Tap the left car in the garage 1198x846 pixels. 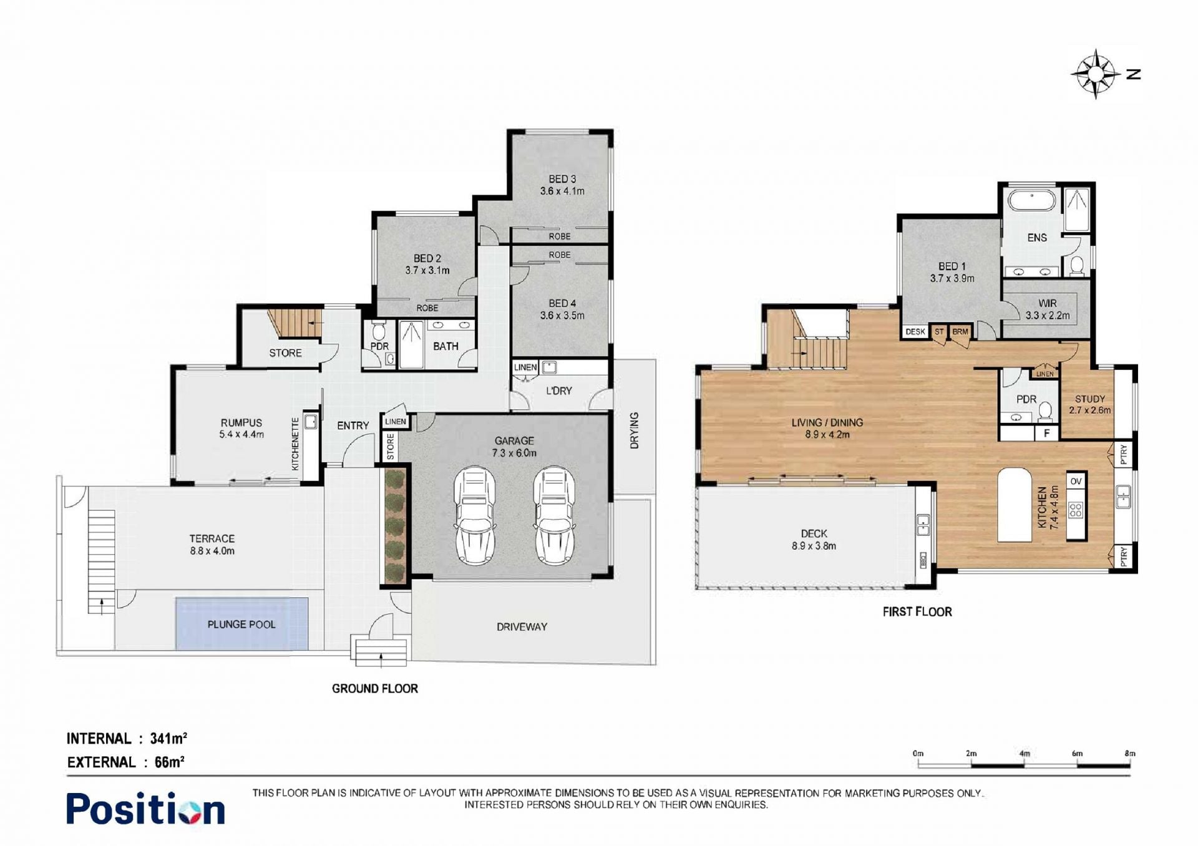tap(474, 515)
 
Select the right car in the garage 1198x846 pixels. tap(554, 515)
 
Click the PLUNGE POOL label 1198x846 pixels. tap(241, 625)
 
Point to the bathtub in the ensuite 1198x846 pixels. tap(1032, 201)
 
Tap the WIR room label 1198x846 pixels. tap(1048, 303)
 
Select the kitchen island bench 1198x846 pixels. tap(1014, 505)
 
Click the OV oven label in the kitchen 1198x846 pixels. tap(1076, 481)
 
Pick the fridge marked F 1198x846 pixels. tap(1047, 433)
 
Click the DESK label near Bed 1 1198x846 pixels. tap(915, 332)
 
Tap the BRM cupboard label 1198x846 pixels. tap(960, 332)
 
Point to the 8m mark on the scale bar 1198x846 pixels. tap(1130, 754)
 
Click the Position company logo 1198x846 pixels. tap(145, 809)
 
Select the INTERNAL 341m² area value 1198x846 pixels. tap(168, 739)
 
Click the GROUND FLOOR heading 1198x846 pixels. tap(375, 689)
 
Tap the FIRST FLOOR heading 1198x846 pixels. tap(917, 612)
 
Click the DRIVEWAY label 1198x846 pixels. tap(522, 627)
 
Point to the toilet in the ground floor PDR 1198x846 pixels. tap(379, 331)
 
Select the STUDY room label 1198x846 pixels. tap(1090, 399)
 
